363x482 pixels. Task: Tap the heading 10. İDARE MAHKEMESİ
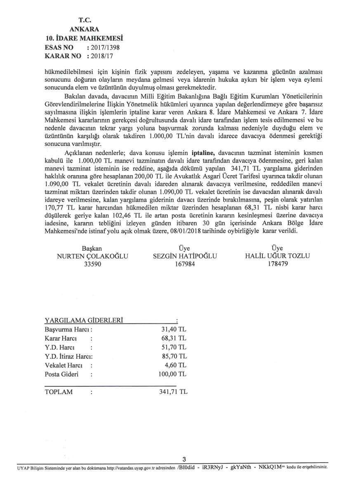click(x=85, y=38)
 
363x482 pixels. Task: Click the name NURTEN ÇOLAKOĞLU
click(x=92, y=256)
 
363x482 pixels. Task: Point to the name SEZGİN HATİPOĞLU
click(x=185, y=256)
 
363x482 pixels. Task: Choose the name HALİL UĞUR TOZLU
click(x=277, y=256)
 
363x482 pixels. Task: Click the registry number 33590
click(x=92, y=264)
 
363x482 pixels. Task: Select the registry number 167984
click(x=185, y=264)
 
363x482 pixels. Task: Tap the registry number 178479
click(x=278, y=264)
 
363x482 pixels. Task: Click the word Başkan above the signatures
click(x=92, y=248)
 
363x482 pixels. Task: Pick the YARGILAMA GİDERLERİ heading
click(x=84, y=321)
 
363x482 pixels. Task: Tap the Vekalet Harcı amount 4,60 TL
click(x=175, y=365)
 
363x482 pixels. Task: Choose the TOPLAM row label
click(x=58, y=392)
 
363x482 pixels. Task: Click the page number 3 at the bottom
click(x=184, y=460)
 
